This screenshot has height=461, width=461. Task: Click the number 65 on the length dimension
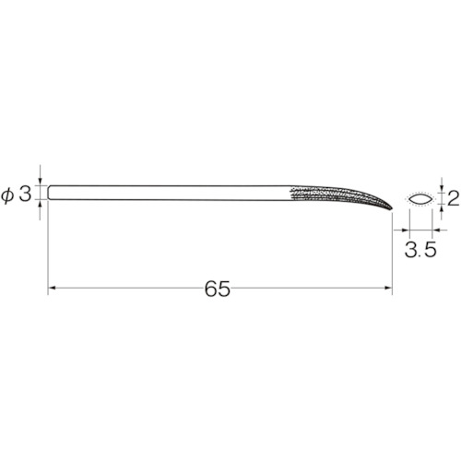[218, 289]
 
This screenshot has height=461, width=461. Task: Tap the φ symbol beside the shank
[7, 195]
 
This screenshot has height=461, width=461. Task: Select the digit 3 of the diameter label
[25, 195]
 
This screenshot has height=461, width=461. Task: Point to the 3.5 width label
[420, 250]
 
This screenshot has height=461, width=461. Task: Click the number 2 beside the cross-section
[453, 198]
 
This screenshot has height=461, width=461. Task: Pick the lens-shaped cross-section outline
[421, 199]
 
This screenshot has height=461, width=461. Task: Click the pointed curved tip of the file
[392, 209]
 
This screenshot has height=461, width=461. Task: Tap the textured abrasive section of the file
[338, 195]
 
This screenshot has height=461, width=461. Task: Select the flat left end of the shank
[49, 193]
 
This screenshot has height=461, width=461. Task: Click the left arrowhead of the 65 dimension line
[52, 288]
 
